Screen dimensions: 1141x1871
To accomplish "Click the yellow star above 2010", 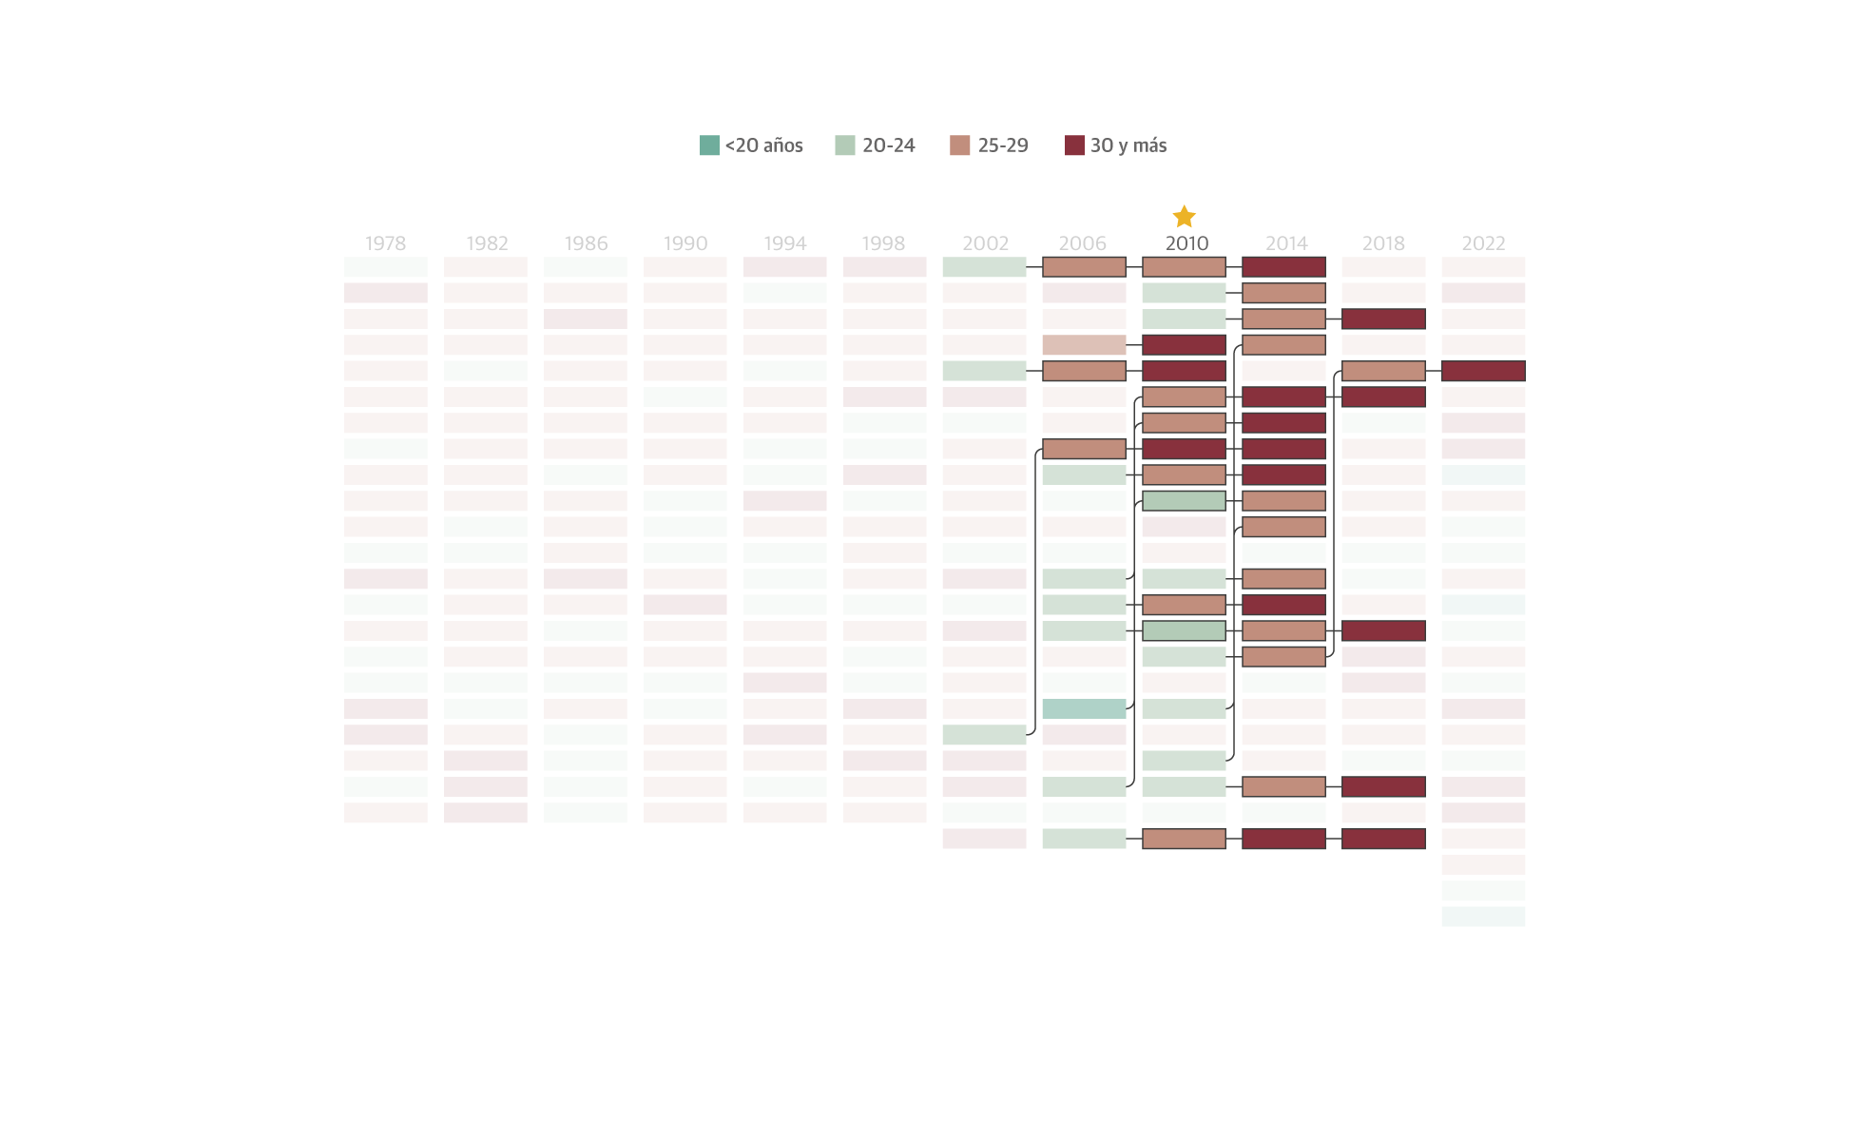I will point(1184,217).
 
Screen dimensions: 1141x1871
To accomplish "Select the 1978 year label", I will point(385,243).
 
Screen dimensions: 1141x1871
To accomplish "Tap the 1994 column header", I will point(784,243).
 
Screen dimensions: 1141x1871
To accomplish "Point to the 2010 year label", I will point(1186,243).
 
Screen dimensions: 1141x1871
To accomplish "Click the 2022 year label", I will point(1483,243).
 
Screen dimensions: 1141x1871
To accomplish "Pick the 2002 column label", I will point(985,243).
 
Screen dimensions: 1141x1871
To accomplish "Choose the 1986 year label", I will point(586,243).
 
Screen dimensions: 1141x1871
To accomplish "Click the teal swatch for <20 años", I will point(709,145).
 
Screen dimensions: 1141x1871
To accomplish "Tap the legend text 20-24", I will point(888,145).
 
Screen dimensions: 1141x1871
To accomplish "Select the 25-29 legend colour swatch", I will point(959,145).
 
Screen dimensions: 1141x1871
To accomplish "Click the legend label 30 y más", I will point(1128,145).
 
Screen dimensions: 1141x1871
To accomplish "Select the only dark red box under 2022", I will point(1483,371).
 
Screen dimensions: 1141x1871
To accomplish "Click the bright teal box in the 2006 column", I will point(1084,708).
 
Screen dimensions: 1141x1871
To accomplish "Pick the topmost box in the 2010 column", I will point(1184,267).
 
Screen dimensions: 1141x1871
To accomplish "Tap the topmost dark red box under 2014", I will point(1283,267).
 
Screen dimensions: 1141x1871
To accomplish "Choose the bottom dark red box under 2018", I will point(1383,839).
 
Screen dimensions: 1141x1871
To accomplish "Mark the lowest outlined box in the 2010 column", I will point(1184,839).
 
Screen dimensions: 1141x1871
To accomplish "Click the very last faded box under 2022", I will point(1483,917).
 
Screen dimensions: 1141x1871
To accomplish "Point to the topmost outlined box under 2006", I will point(1084,267).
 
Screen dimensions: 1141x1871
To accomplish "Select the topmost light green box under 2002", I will point(984,267).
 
